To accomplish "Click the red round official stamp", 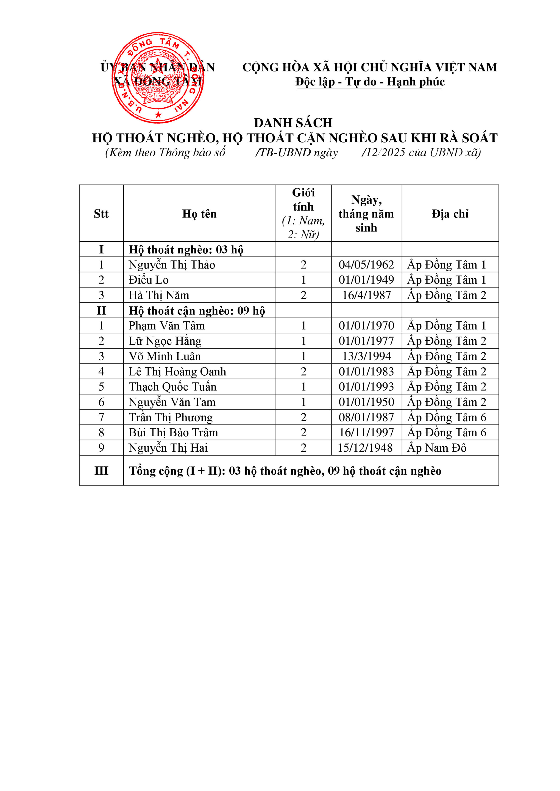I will pyautogui.click(x=158, y=78).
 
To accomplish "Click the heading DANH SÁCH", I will pyautogui.click(x=293, y=123).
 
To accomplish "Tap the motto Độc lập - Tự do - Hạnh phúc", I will pyautogui.click(x=370, y=82).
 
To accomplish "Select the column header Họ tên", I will pyautogui.click(x=199, y=214).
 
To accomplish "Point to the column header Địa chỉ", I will pyautogui.click(x=450, y=214).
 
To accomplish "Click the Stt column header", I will pyautogui.click(x=101, y=214).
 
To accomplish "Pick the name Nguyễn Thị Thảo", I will pyautogui.click(x=172, y=264).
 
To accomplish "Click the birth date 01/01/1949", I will pyautogui.click(x=366, y=280).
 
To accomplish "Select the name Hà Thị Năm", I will pyautogui.click(x=159, y=295).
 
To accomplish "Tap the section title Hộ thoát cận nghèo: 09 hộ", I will pyautogui.click(x=197, y=311).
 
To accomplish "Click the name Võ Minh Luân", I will pyautogui.click(x=165, y=356).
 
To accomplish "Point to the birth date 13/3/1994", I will pyautogui.click(x=367, y=356).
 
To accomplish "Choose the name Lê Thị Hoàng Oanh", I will pyautogui.click(x=177, y=372).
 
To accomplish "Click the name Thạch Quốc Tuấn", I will pyautogui.click(x=172, y=387).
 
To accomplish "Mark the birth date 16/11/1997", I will pyautogui.click(x=366, y=432).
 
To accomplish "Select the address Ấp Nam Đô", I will pyautogui.click(x=436, y=448).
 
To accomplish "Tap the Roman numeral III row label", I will pyautogui.click(x=101, y=471).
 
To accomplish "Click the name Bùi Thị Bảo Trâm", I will pyautogui.click(x=173, y=432).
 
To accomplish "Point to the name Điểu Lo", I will pyautogui.click(x=149, y=280).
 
